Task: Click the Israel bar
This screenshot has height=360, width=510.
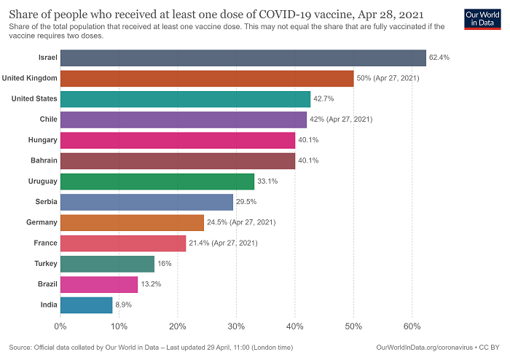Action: click(243, 58)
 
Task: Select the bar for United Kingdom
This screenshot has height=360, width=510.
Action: click(207, 78)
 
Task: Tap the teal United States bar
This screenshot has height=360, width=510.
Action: click(185, 98)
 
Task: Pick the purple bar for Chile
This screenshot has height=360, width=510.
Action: click(184, 119)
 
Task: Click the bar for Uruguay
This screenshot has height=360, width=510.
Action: click(157, 181)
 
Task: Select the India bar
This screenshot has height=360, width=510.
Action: click(86, 305)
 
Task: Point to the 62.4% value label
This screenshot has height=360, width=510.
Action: click(440, 58)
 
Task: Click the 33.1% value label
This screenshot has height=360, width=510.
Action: click(268, 181)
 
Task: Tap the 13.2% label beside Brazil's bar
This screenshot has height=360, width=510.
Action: click(152, 284)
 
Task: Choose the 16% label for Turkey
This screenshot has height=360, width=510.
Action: click(165, 263)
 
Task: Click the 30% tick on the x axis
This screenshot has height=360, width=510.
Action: click(236, 326)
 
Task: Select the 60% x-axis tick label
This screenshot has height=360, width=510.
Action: click(412, 326)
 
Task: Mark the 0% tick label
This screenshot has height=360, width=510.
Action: click(60, 326)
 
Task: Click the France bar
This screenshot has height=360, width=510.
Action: click(123, 243)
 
